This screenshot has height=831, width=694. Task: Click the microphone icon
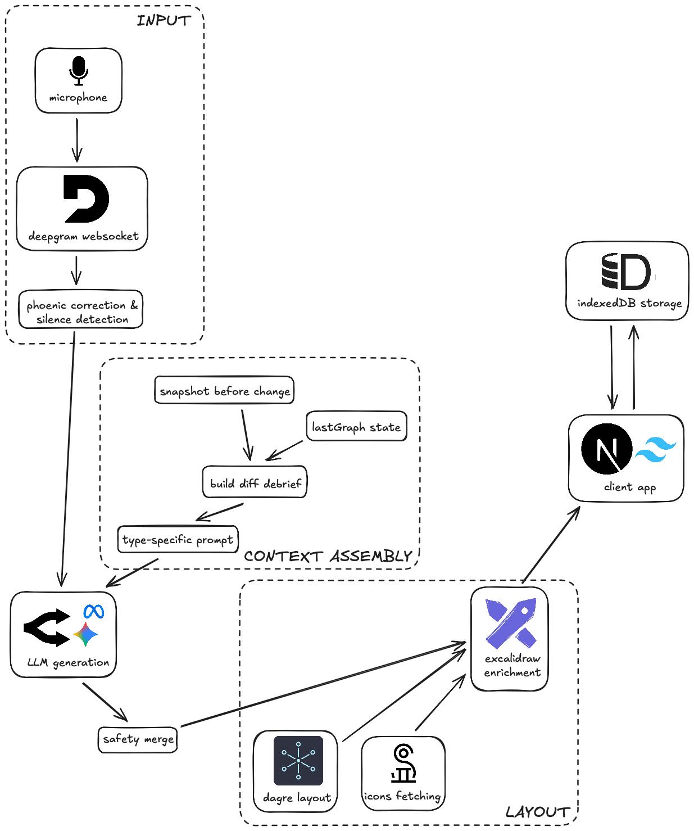79,71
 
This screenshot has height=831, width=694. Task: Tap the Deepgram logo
87,198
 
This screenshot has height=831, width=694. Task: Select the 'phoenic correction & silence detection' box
81,309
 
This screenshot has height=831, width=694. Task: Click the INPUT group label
164,21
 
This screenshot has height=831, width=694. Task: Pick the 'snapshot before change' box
224,390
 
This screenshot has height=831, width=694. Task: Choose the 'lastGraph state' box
356,426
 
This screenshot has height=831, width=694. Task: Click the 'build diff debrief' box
255,482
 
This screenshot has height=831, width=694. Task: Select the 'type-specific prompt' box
178,539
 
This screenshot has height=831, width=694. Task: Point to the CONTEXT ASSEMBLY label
328,556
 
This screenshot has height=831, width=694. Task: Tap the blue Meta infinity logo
94,611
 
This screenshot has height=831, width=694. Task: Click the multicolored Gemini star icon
85,634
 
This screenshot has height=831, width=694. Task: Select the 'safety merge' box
138,739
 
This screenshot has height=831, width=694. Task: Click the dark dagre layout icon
298,761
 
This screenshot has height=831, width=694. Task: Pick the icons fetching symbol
403,764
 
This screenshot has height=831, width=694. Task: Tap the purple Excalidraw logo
511,623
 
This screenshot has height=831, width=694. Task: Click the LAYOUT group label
538,812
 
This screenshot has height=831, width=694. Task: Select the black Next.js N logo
606,449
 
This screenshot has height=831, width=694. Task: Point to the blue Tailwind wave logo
655,449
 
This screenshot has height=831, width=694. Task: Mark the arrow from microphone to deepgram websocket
77,140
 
